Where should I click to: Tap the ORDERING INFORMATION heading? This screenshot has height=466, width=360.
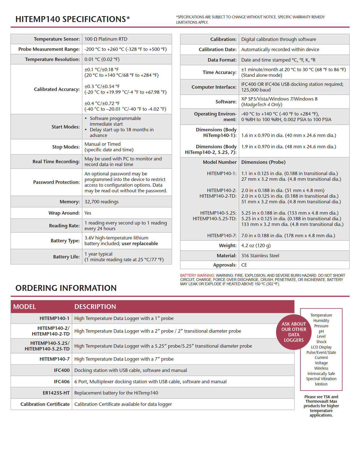tap(66, 288)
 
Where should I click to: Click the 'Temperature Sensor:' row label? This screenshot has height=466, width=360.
tap(56, 39)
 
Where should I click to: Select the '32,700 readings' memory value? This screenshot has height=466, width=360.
tap(101, 202)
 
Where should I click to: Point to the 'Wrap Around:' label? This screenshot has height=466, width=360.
tap(64, 213)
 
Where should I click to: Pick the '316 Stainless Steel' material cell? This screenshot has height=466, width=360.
tap(260, 256)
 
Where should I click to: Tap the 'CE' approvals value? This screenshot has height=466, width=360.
tap(244, 265)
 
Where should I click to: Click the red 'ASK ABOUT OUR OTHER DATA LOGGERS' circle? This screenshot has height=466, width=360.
tap(294, 332)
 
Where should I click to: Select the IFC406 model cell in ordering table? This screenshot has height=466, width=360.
tap(62, 382)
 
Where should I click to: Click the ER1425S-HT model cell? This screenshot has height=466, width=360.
tap(56, 393)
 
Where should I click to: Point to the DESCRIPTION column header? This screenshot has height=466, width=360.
tap(95, 307)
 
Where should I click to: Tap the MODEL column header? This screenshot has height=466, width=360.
tap(25, 307)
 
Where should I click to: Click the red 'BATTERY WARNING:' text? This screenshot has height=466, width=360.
tap(197, 275)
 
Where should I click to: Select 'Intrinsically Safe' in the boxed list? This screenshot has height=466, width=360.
tap(321, 374)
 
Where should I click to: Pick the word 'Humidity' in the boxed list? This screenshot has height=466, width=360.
tap(321, 321)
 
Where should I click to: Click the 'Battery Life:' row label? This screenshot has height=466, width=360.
tap(66, 257)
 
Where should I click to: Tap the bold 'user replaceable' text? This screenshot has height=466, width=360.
tap(140, 243)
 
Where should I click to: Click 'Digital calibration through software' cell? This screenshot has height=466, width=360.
tap(278, 39)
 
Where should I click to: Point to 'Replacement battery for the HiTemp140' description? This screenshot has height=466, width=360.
tap(116, 393)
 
